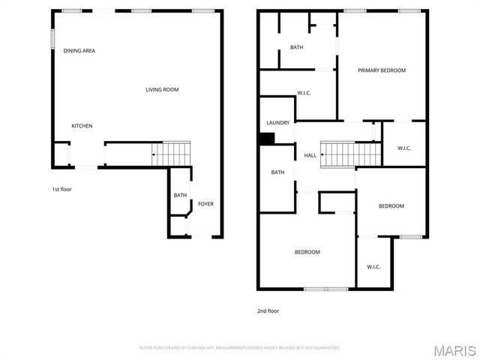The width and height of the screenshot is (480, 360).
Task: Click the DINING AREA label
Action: (x=79, y=51)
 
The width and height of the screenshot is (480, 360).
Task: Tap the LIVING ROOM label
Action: (x=162, y=90)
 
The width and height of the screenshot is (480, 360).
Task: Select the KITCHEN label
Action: (x=82, y=126)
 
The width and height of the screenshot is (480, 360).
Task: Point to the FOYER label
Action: (x=205, y=202)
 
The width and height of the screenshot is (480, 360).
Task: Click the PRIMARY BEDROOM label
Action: (x=381, y=70)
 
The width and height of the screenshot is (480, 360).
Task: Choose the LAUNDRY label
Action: (x=277, y=123)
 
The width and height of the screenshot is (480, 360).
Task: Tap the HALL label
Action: (x=310, y=155)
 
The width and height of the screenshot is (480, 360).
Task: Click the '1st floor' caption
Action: (x=61, y=189)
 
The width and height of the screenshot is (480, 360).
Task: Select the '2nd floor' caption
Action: (x=268, y=310)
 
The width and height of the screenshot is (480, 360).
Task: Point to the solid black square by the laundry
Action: (x=266, y=139)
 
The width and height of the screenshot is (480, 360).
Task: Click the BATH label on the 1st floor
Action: (x=180, y=196)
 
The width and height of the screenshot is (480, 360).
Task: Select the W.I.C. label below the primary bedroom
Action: (x=403, y=148)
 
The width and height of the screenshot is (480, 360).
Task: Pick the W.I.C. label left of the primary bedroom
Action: (x=304, y=93)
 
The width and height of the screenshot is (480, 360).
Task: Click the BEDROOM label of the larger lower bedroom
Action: (x=307, y=252)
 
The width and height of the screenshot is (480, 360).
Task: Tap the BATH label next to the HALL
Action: (x=277, y=172)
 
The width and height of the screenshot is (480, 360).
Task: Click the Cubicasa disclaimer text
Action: (x=240, y=348)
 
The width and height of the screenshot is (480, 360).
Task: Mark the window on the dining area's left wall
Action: (x=52, y=39)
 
